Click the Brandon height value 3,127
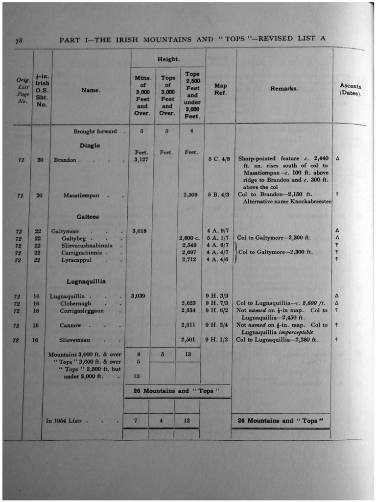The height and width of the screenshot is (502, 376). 142,160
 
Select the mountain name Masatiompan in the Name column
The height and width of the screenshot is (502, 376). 81,196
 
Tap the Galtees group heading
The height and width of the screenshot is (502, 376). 88,217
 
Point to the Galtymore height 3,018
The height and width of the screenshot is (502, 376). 140,230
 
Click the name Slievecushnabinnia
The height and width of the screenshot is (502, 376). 87,245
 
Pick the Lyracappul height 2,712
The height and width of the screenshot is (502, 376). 188,259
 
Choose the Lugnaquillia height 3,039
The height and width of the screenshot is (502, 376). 140,296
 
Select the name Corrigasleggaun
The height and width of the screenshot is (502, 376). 82,311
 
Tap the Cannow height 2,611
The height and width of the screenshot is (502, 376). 188,325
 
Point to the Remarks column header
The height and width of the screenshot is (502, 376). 284,89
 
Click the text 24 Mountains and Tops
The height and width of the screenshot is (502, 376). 281,421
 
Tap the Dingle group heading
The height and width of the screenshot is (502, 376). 90,146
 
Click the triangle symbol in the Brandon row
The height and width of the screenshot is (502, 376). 338,159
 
